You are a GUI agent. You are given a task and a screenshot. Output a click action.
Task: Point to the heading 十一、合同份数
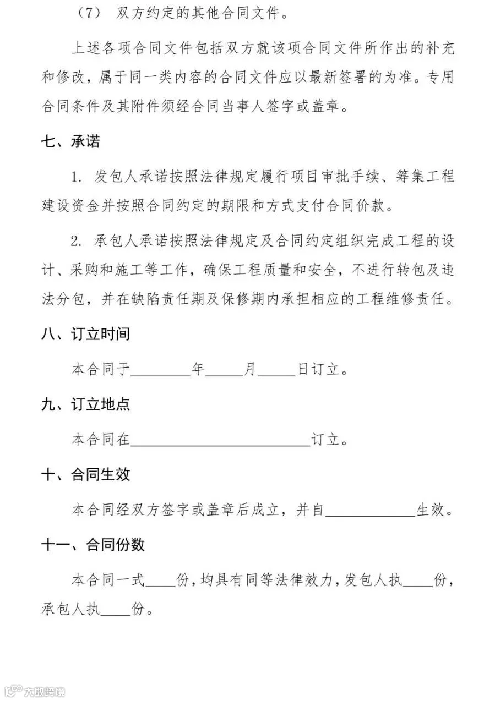click(x=93, y=545)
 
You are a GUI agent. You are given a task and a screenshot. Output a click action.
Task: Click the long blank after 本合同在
click(x=220, y=441)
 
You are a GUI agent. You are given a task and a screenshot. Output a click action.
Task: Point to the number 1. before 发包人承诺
click(x=76, y=178)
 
